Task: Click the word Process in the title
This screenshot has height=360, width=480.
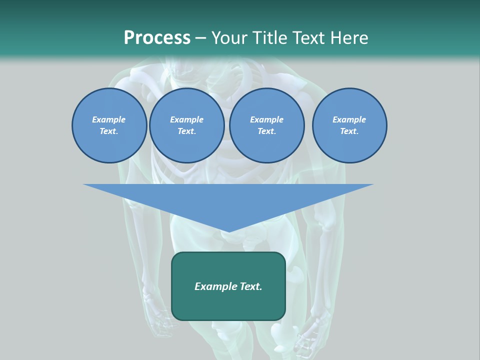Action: tap(157, 38)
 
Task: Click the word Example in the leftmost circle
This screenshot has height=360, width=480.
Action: tap(109, 119)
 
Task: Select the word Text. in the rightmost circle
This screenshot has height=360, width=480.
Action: tap(349, 131)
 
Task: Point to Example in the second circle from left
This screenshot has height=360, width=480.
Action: tap(186, 119)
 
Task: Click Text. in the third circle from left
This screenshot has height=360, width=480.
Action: tap(266, 131)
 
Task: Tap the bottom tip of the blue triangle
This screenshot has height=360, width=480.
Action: tap(228, 231)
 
